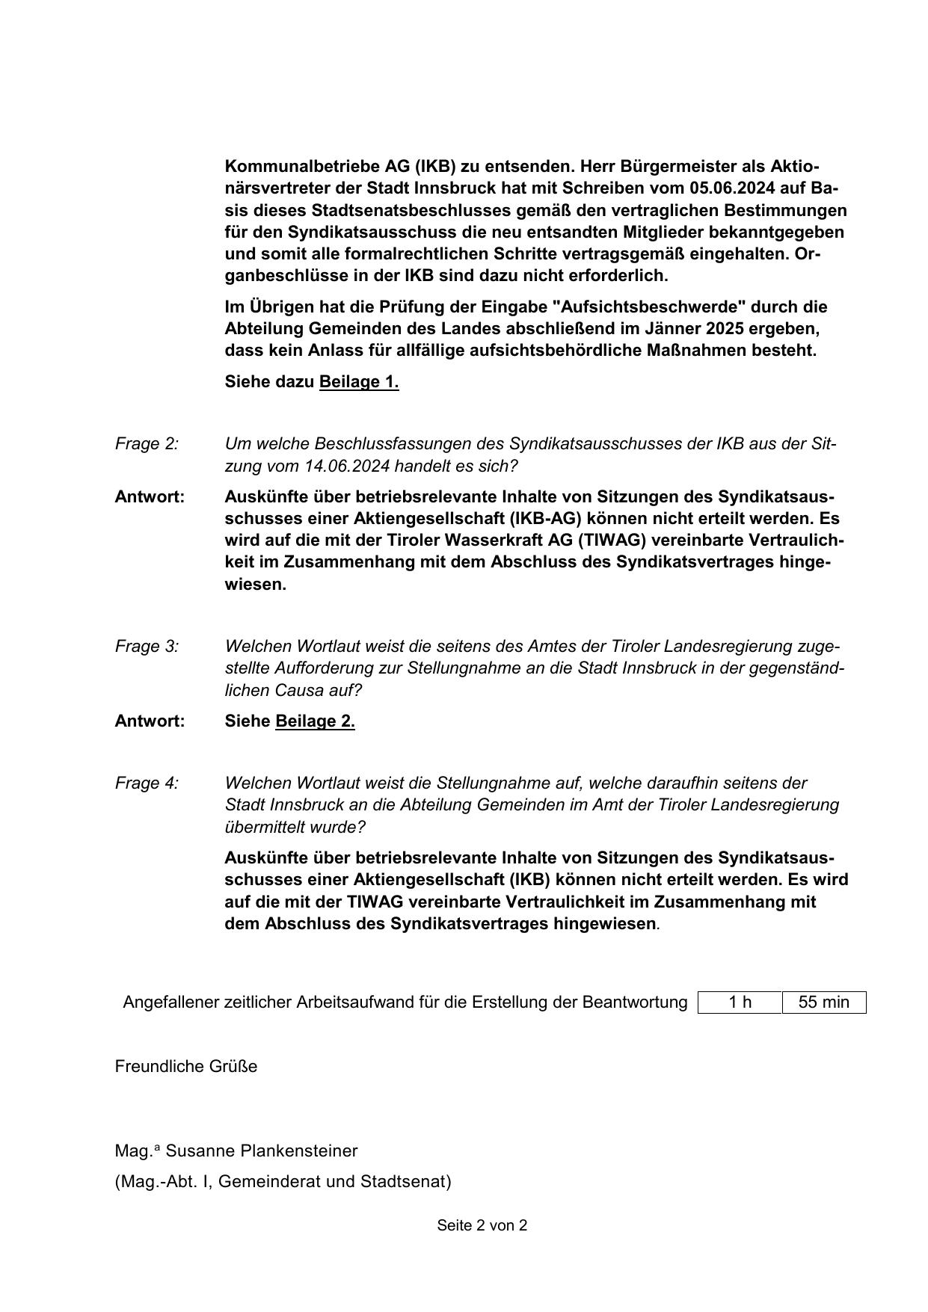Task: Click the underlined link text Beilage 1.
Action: (359, 382)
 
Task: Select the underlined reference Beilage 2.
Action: (315, 721)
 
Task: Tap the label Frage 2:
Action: (147, 444)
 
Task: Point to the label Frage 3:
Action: (147, 646)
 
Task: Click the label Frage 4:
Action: (147, 783)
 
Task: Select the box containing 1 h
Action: (740, 1002)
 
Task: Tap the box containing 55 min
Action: (823, 1002)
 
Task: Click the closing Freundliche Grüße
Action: (186, 1067)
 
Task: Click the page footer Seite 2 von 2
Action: (482, 1225)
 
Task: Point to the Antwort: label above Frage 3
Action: (150, 497)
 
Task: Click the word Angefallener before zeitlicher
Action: (171, 1002)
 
